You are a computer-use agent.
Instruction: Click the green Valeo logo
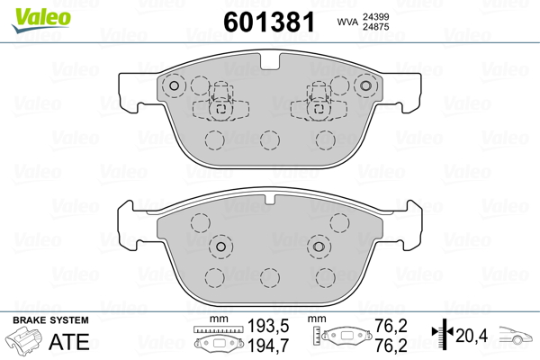pos(41,20)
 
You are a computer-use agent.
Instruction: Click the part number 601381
pos(269,22)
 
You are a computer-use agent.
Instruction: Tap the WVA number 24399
pos(375,17)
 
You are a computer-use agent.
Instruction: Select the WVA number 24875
pos(375,27)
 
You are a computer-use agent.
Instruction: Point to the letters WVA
pos(347,22)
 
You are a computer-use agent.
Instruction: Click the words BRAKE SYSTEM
pos(50,320)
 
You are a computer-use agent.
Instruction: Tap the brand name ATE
pos(69,341)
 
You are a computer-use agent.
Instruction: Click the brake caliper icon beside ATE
pos(23,339)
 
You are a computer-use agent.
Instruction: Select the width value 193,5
pos(268,326)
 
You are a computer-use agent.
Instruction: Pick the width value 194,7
pos(268,346)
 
